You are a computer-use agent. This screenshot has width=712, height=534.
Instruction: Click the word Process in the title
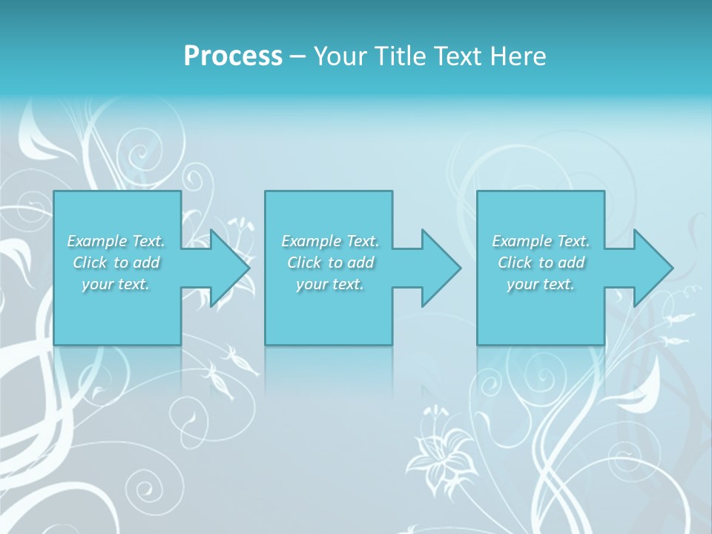click(x=233, y=56)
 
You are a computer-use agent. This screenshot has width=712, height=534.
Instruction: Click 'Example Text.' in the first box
click(x=116, y=241)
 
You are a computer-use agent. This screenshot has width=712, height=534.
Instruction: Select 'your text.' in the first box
click(x=116, y=284)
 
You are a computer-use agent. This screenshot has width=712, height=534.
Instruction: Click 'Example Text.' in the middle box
click(x=330, y=241)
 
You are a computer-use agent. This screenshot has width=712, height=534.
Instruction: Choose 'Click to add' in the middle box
click(x=330, y=263)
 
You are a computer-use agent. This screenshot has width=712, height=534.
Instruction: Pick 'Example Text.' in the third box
click(x=541, y=241)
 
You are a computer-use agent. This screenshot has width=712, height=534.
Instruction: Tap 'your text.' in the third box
click(x=541, y=284)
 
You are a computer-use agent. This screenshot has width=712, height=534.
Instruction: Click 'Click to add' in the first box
click(x=116, y=263)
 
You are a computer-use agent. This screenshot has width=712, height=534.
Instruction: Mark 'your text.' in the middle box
click(x=330, y=284)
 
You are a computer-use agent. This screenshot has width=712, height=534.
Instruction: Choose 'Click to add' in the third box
click(x=541, y=263)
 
